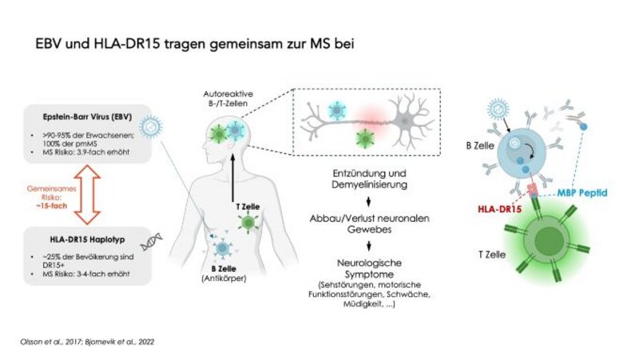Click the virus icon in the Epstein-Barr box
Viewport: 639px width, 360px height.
(x=149, y=126)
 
